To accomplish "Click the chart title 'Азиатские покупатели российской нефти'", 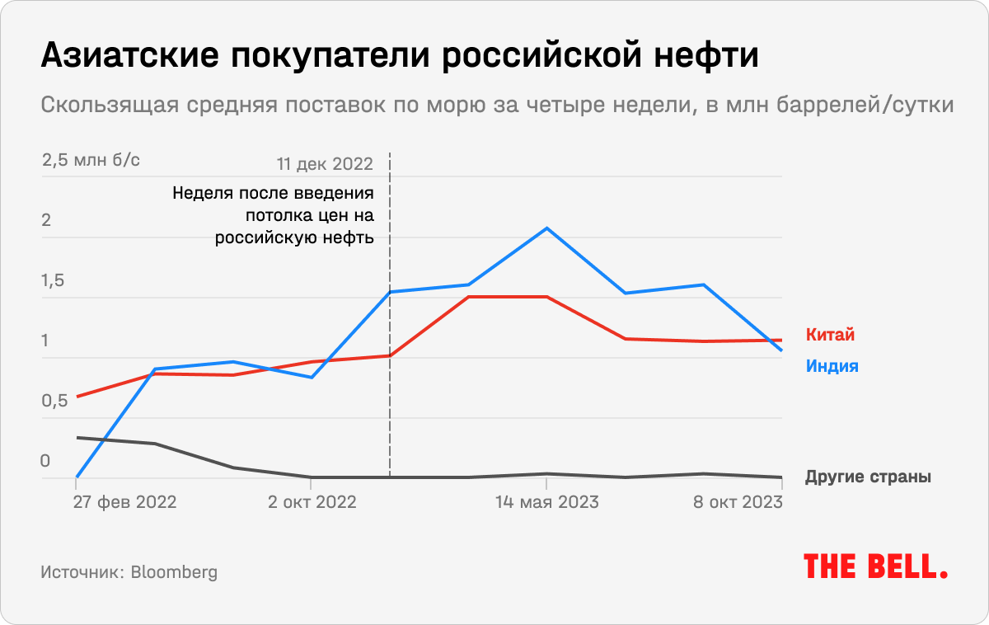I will pos(399,57).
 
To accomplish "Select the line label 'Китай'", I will pos(830,336).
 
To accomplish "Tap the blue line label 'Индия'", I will pos(832,366).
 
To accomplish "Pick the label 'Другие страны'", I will pos(868,477).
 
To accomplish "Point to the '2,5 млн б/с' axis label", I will pos(91,161).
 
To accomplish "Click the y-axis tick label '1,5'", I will pos(53,281).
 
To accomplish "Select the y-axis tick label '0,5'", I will pos(53,402).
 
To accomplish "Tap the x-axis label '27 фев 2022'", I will pos(124,502).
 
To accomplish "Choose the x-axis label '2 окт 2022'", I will pos(312,502).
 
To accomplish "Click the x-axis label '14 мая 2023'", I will pos(546,502).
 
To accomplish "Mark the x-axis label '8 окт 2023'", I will pos(735,502).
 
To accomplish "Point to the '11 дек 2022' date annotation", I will pos(325,163).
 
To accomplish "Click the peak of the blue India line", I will pos(546,228).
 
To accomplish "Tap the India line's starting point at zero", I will pos(77,477).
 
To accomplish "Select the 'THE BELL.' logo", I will pos(875,566).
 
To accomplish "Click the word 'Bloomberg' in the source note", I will pos(174,572).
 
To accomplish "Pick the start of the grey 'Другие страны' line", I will pos(77,438).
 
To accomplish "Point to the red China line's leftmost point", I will pos(77,397).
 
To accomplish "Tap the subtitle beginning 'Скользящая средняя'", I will pos(497,106).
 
